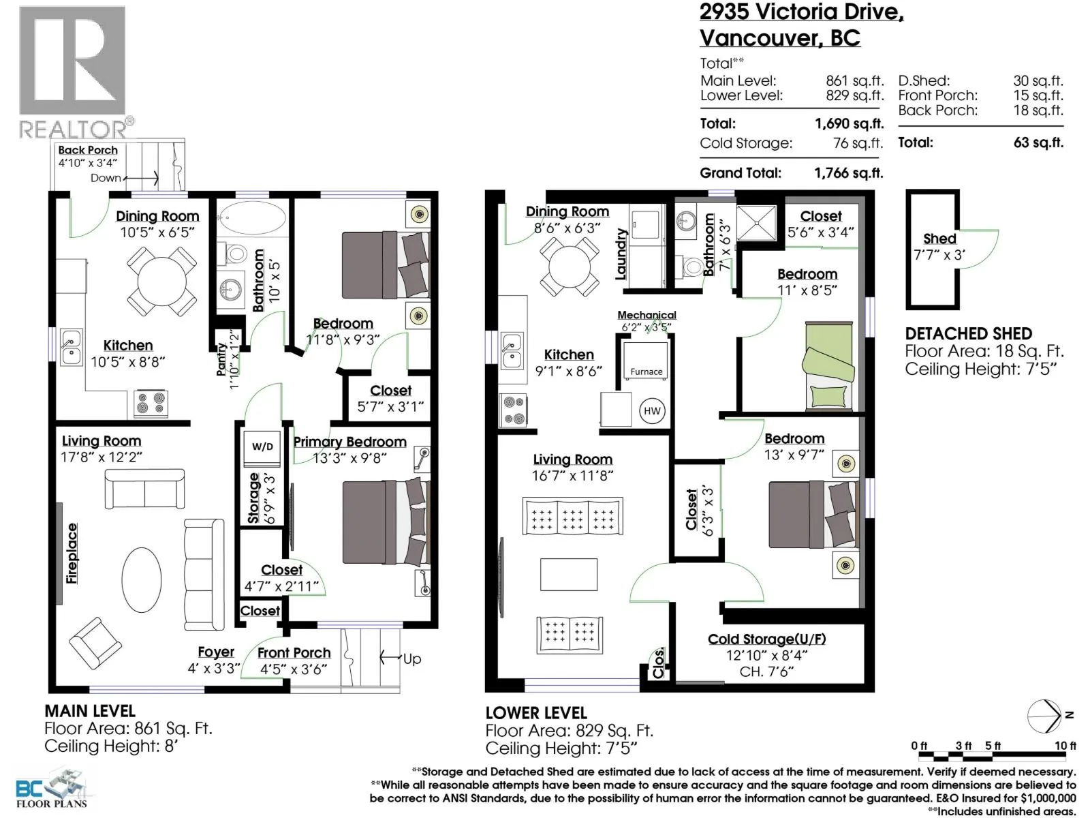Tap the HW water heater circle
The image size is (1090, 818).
(651, 411)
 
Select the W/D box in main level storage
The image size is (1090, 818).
(262, 446)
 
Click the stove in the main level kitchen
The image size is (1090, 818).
(151, 404)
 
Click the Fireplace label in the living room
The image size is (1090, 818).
(72, 554)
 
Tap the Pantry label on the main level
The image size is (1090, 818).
(221, 359)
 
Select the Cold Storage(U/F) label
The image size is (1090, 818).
(766, 639)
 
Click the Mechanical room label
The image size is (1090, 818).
(647, 315)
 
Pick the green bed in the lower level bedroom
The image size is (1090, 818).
(828, 366)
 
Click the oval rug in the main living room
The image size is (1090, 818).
(142, 579)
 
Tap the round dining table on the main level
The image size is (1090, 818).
(162, 282)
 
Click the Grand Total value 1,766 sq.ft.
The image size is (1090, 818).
(849, 173)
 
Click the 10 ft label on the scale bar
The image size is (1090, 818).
(1065, 746)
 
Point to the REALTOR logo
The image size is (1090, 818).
(74, 72)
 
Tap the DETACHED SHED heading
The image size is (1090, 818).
(968, 333)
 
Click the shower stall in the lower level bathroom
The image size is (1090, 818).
(756, 222)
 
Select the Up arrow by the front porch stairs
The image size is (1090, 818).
(390, 658)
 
